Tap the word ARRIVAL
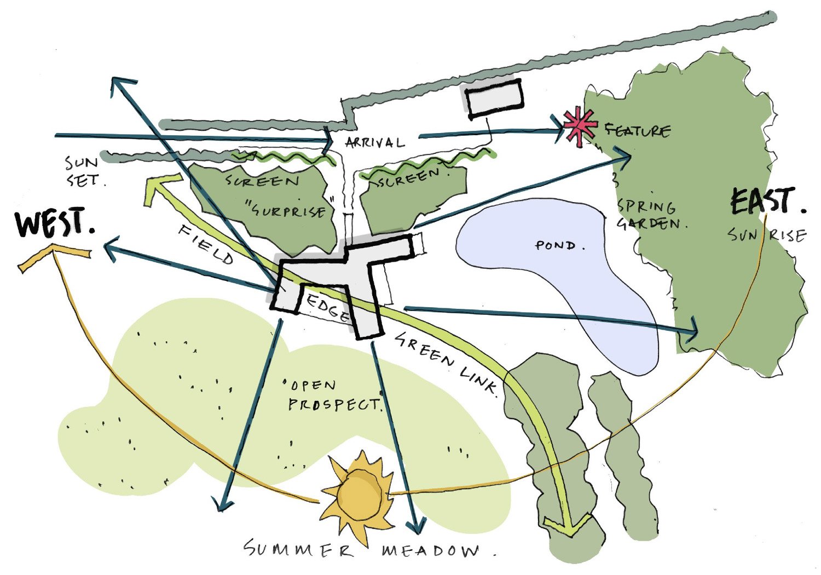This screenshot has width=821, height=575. (375, 143)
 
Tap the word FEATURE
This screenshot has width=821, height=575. (637, 130)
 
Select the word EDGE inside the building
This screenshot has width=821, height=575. (328, 308)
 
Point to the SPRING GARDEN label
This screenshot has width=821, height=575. (649, 215)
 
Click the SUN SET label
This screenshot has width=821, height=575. (82, 171)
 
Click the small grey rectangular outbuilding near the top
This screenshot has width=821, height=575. (494, 98)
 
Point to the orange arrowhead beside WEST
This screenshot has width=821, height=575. (52, 256)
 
